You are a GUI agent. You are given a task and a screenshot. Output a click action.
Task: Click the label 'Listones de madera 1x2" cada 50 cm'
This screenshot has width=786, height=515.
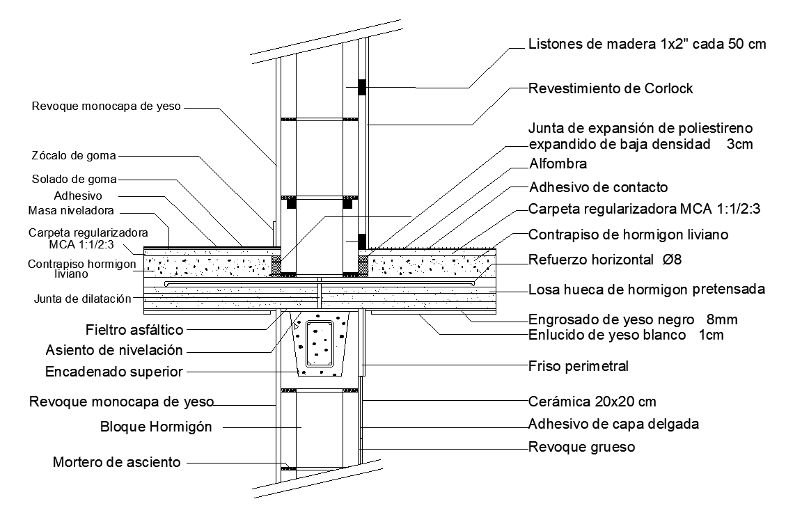tap(647, 44)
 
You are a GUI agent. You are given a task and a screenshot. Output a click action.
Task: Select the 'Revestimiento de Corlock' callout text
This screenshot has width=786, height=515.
tap(611, 88)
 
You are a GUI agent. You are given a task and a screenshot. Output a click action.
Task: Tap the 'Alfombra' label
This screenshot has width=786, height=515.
tap(558, 164)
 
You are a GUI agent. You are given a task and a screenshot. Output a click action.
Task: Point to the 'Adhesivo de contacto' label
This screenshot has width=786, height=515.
tap(599, 187)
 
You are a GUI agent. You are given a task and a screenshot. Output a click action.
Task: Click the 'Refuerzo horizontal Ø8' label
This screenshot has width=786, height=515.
tap(605, 260)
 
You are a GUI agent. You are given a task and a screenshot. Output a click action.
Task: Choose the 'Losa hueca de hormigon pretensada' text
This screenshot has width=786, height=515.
tap(647, 290)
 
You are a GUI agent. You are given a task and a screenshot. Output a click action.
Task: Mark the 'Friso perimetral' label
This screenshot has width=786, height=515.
tap(579, 366)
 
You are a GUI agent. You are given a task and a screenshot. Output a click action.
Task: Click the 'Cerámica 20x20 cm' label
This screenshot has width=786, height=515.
tap(592, 402)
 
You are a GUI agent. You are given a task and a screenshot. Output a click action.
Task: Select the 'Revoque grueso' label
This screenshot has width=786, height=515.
tap(581, 447)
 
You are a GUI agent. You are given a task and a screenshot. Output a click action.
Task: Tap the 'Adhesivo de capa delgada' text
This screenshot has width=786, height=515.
tap(613, 425)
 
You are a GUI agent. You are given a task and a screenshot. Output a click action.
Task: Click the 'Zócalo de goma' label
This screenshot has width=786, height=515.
tap(74, 156)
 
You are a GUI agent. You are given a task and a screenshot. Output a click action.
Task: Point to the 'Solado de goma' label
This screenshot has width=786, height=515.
tap(74, 180)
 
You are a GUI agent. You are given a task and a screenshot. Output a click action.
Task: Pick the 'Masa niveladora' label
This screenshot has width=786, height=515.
tap(71, 211)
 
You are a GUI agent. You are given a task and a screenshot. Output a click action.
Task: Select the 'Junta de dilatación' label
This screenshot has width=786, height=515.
tap(83, 299)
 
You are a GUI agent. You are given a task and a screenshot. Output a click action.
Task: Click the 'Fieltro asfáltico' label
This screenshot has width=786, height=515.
tap(134, 330)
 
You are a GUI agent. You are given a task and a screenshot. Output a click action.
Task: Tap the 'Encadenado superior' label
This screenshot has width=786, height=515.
tap(114, 372)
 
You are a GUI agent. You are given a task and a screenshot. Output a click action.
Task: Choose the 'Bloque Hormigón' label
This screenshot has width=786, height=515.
tap(156, 427)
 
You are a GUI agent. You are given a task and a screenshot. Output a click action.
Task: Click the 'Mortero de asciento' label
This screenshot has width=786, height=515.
tap(116, 462)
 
